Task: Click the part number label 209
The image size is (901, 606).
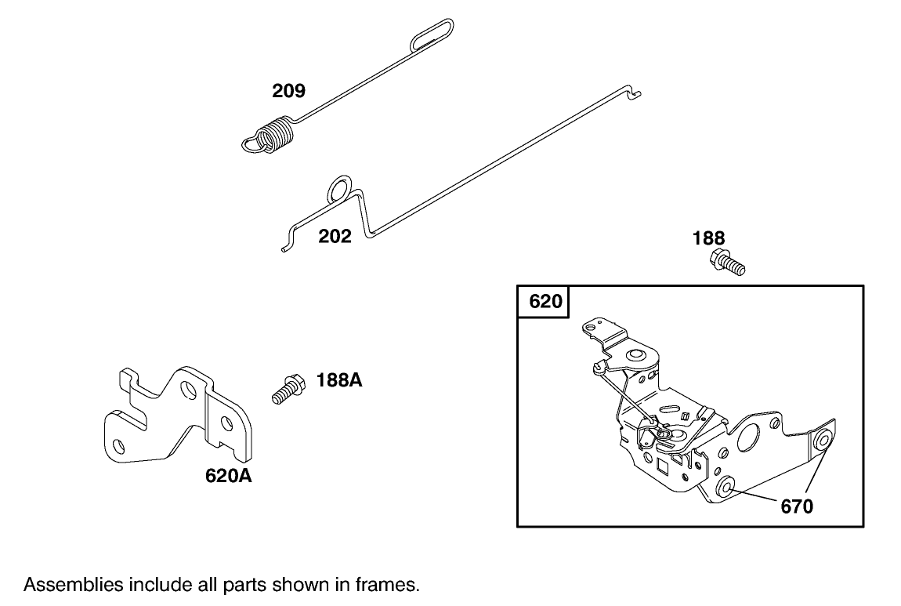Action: click(x=288, y=91)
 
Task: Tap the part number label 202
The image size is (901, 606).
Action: click(x=335, y=236)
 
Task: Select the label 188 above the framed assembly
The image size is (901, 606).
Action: click(x=708, y=238)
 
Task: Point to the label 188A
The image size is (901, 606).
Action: click(x=339, y=380)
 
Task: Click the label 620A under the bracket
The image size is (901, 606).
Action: click(x=229, y=476)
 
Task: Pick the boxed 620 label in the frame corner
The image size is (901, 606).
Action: click(x=545, y=301)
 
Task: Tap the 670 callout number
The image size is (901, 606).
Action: click(x=797, y=506)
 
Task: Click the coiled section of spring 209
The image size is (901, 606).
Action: click(x=276, y=136)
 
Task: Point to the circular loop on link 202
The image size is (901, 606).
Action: click(x=339, y=189)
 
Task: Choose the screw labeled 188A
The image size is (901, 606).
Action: click(x=288, y=389)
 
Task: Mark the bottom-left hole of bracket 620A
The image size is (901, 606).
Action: click(x=119, y=445)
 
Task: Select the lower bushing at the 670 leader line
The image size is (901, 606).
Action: click(x=726, y=488)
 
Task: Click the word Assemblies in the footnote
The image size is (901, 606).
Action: click(x=73, y=585)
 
